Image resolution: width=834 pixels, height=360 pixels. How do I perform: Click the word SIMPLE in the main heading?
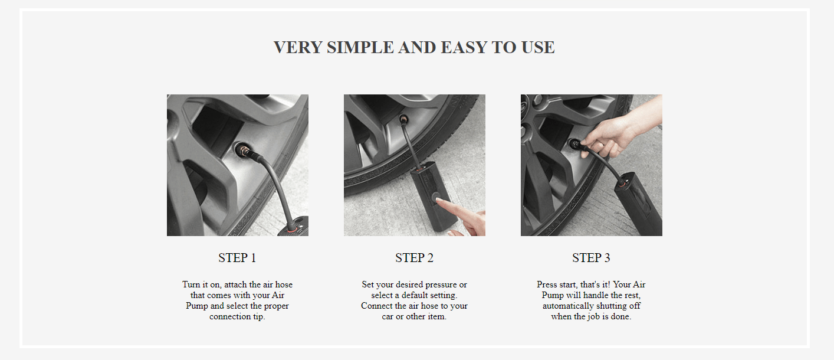coord(360,47)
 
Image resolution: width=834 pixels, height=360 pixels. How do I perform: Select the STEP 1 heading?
coord(237,257)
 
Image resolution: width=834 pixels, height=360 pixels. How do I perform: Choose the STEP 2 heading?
coord(415,257)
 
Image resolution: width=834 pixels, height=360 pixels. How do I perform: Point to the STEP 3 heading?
coord(591,257)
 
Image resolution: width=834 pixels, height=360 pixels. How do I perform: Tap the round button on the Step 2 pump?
coord(435,197)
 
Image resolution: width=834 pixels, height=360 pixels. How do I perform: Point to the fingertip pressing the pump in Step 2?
coord(439,201)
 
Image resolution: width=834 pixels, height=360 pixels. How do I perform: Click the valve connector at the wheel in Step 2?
coord(403,120)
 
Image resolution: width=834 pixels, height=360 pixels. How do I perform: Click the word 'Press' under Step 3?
coord(546,284)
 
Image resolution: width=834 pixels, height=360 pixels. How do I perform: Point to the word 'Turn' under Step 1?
coord(191,284)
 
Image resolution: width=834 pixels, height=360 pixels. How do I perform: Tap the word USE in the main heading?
coord(538,47)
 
